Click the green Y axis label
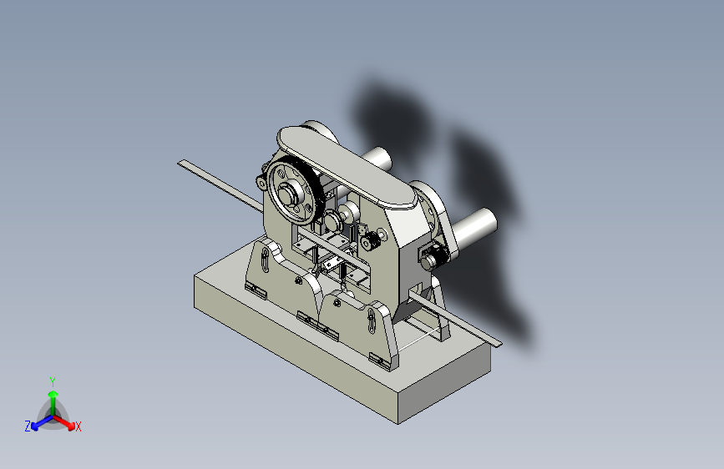(x=53, y=382)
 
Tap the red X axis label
(x=78, y=427)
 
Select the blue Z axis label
(x=28, y=426)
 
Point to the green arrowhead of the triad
(x=53, y=394)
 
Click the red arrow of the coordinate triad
(x=63, y=422)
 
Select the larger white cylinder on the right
(x=473, y=227)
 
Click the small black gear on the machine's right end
(x=434, y=255)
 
